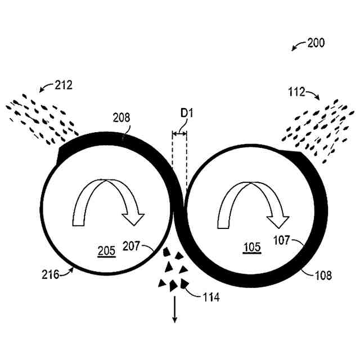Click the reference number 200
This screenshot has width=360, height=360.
(x=316, y=43)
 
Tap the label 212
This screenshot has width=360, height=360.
(x=64, y=85)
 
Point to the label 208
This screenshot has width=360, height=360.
(x=121, y=118)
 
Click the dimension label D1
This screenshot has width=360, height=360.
(x=186, y=113)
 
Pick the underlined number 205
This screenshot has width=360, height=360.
(x=106, y=252)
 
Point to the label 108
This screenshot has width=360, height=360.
(x=323, y=276)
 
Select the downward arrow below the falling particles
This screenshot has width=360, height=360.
(x=174, y=310)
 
